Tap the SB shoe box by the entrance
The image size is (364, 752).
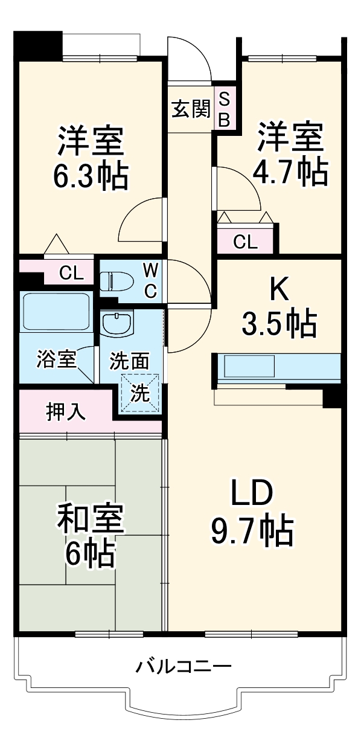224,109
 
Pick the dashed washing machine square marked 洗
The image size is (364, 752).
140,393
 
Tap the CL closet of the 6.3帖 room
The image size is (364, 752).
71,273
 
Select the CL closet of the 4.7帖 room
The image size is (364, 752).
245,242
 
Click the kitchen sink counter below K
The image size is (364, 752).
249,366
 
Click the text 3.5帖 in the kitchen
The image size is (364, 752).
278,324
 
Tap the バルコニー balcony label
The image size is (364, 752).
183,667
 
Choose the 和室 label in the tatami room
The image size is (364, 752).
91,518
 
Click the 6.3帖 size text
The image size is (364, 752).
91,176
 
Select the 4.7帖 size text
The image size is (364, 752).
291,172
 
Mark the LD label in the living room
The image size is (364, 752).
252,493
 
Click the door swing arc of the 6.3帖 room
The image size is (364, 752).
140,219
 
